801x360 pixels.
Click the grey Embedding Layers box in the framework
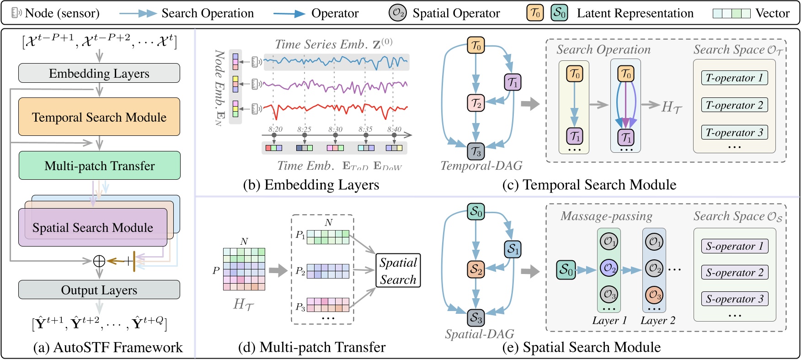coord(99,73)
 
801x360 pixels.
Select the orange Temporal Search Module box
coord(99,117)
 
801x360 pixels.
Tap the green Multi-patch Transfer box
coord(99,165)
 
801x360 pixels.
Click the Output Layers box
coord(99,290)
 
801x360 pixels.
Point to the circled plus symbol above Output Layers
coord(99,261)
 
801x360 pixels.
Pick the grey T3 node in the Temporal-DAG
coord(475,151)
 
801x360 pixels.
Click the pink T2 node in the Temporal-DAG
coord(475,103)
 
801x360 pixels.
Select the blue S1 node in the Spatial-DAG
coord(513,249)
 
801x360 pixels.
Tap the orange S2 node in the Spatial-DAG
coord(475,269)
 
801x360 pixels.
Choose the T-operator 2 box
coord(734,105)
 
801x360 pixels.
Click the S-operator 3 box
coord(735,299)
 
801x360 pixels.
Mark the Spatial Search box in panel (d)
coord(398,270)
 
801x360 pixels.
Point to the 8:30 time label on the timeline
coord(335,129)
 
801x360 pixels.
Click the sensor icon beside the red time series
coord(257,109)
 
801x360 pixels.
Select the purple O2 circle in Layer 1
coord(609,268)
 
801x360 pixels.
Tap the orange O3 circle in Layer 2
coord(654,295)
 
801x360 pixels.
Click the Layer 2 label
coord(657,321)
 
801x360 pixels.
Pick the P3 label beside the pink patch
coord(300,307)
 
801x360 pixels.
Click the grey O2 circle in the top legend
coord(397,13)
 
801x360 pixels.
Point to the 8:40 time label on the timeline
coord(394,129)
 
